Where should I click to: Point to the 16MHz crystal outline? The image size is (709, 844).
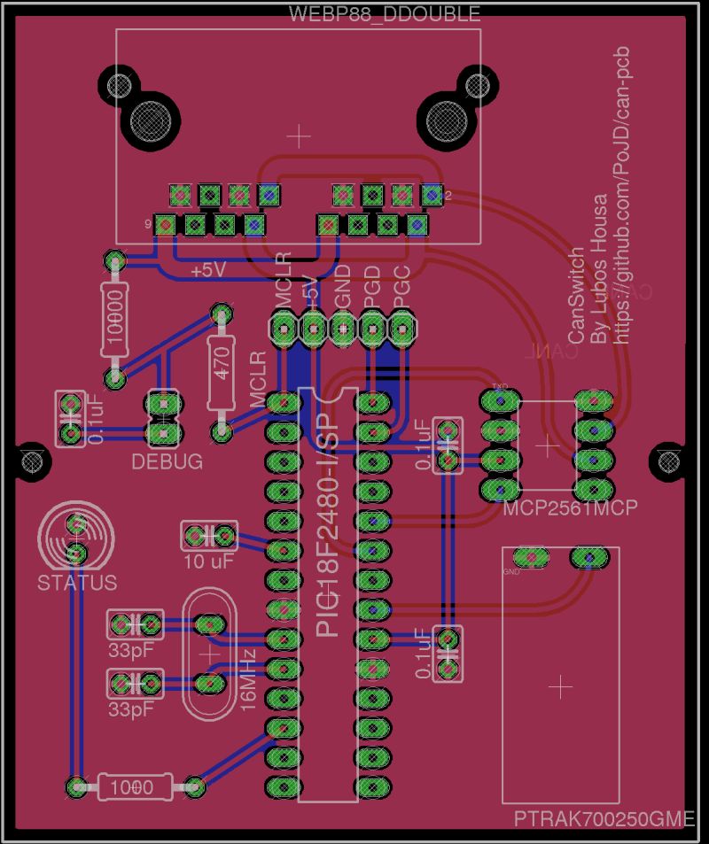tap(209, 654)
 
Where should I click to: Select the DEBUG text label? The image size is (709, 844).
tap(167, 461)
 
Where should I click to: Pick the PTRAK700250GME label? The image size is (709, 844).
tap(604, 820)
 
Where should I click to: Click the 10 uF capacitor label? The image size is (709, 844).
tap(209, 561)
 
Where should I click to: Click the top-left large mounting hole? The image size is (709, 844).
tap(144, 119)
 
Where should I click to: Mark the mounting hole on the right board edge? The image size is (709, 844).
tap(666, 459)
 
